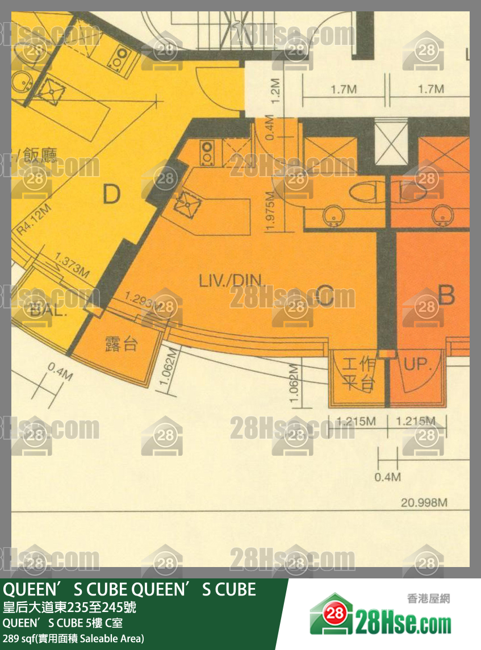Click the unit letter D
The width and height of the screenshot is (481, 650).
pos(112,195)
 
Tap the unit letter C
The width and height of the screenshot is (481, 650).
pos(324,295)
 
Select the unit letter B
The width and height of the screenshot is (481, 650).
pos(447,295)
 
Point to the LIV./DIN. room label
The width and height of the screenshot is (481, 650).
pos(225,280)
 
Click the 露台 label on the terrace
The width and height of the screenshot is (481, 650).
pos(121,344)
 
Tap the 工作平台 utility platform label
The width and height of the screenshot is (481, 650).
pos(359,374)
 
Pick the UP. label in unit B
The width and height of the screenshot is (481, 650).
pos(419,364)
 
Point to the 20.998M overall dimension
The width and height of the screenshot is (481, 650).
pos(424,503)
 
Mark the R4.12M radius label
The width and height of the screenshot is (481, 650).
pos(34,219)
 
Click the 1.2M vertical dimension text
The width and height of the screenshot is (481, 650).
pos(277,91)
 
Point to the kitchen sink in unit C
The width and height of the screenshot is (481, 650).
pos(185,202)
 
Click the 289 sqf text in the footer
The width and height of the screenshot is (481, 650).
pos(73,638)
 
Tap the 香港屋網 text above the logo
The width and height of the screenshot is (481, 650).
pos(428,598)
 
